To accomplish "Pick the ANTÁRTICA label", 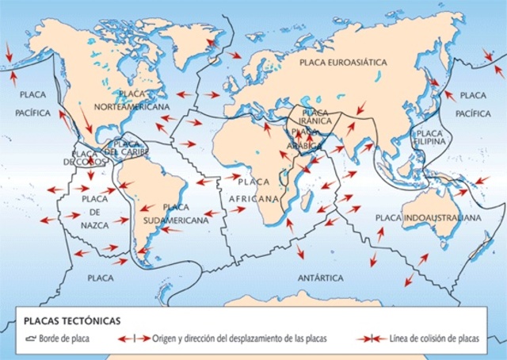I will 320,278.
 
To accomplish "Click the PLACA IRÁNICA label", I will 315,117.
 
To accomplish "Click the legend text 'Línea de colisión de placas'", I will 434,338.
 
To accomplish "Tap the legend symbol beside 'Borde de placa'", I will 31,338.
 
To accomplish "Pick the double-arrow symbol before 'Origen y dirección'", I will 133,338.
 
